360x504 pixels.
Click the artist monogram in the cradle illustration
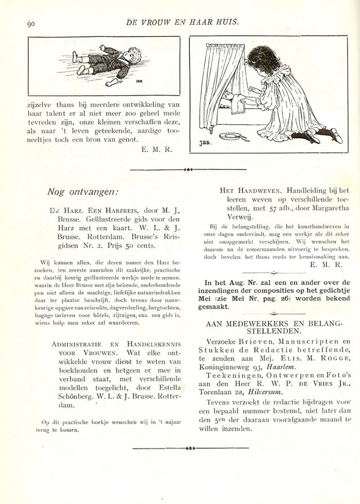click(204, 143)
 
